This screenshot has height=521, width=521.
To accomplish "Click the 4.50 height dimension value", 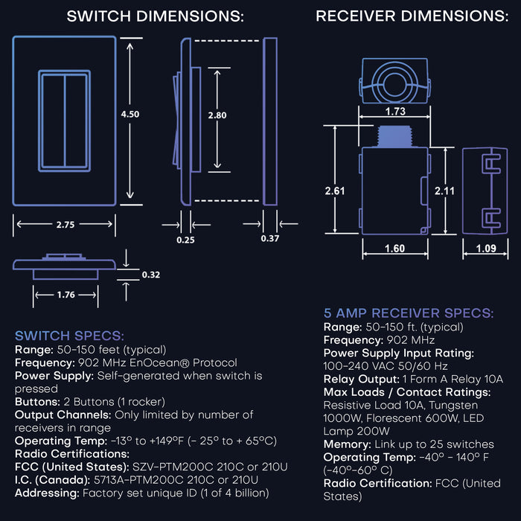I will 130,114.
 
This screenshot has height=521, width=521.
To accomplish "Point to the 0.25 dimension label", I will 186,239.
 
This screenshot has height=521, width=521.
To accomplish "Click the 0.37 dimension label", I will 270,239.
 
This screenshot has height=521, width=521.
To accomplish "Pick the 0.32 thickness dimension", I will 150,274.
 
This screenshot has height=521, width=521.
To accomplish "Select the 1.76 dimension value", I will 65,295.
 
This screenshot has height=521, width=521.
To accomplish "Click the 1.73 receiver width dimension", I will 396,111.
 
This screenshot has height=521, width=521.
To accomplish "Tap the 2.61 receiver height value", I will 336,191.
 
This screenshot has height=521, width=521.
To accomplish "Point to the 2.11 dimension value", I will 445,191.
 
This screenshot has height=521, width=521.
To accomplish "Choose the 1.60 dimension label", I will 395,249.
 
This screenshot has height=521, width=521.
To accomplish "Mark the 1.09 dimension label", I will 485,249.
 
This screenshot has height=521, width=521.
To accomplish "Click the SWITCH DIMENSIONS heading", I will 155,16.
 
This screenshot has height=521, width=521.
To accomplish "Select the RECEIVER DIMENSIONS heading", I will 412,16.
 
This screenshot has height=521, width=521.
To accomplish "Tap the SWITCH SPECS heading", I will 69,336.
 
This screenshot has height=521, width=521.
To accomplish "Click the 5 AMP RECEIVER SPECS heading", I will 408,313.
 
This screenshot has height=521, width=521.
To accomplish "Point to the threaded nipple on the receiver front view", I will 395,136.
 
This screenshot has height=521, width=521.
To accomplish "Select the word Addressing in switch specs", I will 46,493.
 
